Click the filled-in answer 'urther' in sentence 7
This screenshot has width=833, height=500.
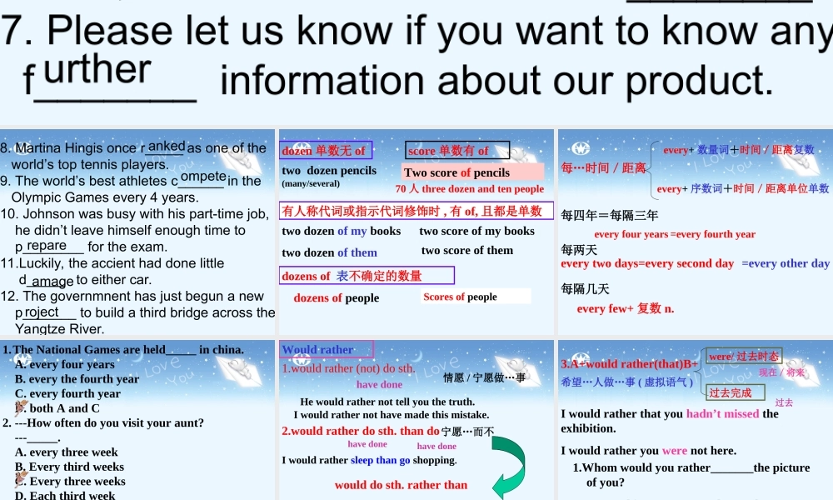pyautogui.click(x=98, y=69)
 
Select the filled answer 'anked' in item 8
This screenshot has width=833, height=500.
pyautogui.click(x=167, y=146)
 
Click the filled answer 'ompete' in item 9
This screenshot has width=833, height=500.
pyautogui.click(x=203, y=177)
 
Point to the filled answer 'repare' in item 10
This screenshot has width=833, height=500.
pyautogui.click(x=46, y=246)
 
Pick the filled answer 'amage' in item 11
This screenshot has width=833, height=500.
pyautogui.click(x=52, y=282)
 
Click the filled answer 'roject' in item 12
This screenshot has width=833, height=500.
pyautogui.click(x=42, y=312)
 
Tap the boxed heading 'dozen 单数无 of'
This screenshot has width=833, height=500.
pyautogui.click(x=326, y=151)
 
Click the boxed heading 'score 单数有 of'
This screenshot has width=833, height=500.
pyautogui.click(x=457, y=150)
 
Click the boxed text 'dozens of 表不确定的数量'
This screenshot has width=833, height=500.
pyautogui.click(x=367, y=275)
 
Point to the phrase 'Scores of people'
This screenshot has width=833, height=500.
pyautogui.click(x=461, y=297)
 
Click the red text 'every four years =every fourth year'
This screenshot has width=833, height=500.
pyautogui.click(x=675, y=234)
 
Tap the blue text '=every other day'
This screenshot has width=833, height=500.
pyautogui.click(x=786, y=263)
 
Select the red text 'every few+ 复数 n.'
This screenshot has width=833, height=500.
pyautogui.click(x=626, y=309)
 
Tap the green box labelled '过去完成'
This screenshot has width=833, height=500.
pyautogui.click(x=734, y=392)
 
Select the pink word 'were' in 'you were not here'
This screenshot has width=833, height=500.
pyautogui.click(x=675, y=451)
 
